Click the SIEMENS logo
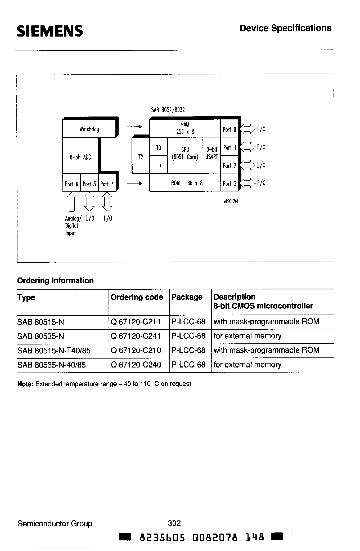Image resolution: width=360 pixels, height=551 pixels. pyautogui.click(x=50, y=31)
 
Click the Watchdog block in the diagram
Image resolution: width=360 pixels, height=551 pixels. pyautogui.click(x=89, y=129)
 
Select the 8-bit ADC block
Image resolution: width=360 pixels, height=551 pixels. pyautogui.click(x=80, y=157)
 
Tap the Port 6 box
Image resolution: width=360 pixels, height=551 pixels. pyautogui.click(x=71, y=183)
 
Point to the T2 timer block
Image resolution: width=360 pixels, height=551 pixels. pyautogui.click(x=141, y=157)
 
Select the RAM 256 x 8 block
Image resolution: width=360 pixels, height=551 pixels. pyautogui.click(x=185, y=128)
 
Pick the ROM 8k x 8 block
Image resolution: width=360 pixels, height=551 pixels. pyautogui.click(x=185, y=183)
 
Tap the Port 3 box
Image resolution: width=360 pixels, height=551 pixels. pyautogui.click(x=229, y=183)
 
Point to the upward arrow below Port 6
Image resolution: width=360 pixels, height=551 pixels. pyautogui.click(x=71, y=201)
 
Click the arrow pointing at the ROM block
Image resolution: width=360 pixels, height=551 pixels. pyautogui.click(x=135, y=183)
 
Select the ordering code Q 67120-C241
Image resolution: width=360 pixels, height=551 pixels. pyautogui.click(x=136, y=336)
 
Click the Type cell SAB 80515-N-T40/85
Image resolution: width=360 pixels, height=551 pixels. pyautogui.click(x=54, y=351)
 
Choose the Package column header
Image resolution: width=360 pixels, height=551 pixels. pyautogui.click(x=187, y=297)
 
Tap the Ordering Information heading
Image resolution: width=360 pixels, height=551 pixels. pyautogui.click(x=55, y=280)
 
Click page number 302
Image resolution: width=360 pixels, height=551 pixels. pyautogui.click(x=174, y=523)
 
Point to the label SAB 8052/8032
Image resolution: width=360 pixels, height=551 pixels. pyautogui.click(x=168, y=110)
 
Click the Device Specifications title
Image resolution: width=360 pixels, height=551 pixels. pyautogui.click(x=285, y=28)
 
